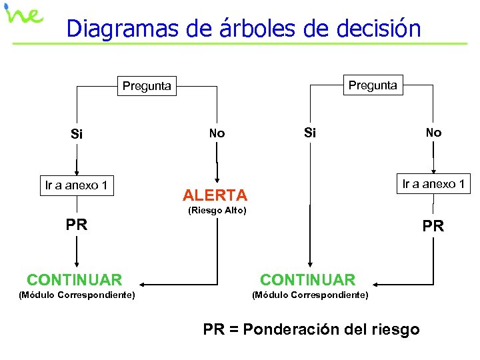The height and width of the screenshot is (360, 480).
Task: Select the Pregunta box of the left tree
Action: (x=147, y=85)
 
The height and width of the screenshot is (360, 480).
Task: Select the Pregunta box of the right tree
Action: (x=373, y=85)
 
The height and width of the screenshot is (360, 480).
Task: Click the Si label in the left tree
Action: (x=77, y=134)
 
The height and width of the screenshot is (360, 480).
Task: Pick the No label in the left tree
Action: (x=217, y=133)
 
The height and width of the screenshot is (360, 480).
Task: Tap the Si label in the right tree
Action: (x=310, y=132)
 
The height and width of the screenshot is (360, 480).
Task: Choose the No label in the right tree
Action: (x=433, y=132)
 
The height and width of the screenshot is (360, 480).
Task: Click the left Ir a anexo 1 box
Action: (x=76, y=185)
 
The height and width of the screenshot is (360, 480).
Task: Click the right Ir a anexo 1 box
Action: (x=433, y=184)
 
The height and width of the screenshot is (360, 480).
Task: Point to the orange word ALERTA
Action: (x=215, y=195)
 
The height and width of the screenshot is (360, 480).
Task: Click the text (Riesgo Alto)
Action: (x=217, y=211)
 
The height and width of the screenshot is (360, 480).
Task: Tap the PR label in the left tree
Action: (x=77, y=225)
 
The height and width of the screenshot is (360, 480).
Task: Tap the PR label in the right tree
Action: (x=433, y=227)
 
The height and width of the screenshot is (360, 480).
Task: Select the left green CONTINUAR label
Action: (x=75, y=280)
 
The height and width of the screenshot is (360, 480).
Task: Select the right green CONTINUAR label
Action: (x=308, y=280)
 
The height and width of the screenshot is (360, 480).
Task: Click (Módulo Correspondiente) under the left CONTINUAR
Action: (x=77, y=295)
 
